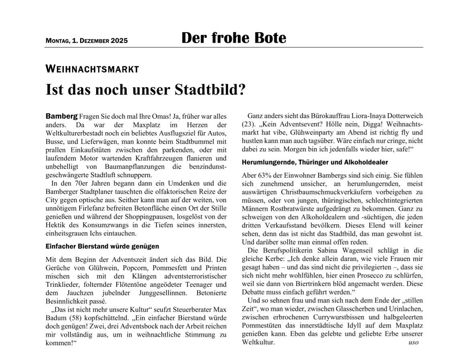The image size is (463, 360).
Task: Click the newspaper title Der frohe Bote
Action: [234, 38]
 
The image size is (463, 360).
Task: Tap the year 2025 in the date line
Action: [119, 41]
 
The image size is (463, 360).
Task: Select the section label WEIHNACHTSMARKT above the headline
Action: [92, 69]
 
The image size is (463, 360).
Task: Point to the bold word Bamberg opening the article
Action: [62, 116]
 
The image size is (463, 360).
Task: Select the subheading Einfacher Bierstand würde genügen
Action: [103, 246]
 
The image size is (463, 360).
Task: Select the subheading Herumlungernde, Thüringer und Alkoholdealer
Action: [315, 162]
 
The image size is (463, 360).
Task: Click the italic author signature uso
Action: [413, 342]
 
